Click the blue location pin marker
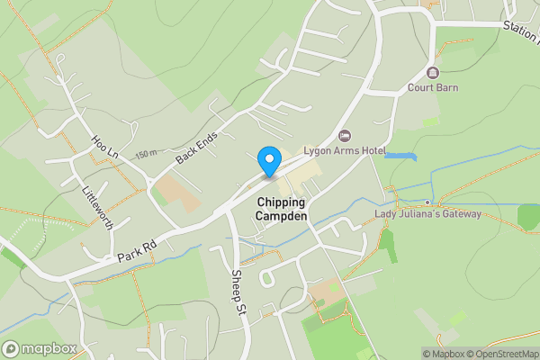point(268,160)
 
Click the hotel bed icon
point(343,135)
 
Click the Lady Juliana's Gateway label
point(427,214)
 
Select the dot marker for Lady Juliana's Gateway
point(427,202)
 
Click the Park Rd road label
point(137,251)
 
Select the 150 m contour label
point(147,155)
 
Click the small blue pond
point(400,157)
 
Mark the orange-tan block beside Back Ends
point(175,192)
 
